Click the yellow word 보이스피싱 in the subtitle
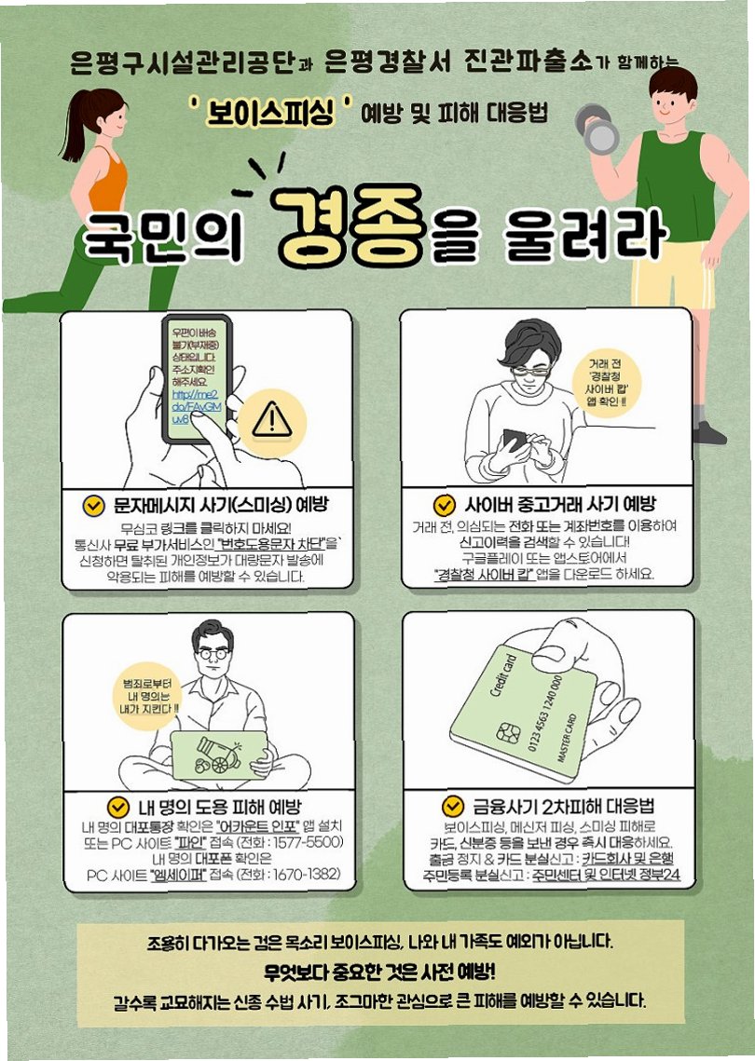271,112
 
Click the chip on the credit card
508,732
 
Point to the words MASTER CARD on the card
567,739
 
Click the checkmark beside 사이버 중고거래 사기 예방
445,505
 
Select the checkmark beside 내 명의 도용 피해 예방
117,807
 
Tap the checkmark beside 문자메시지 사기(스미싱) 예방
93,505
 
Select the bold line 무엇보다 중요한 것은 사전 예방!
380,973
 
